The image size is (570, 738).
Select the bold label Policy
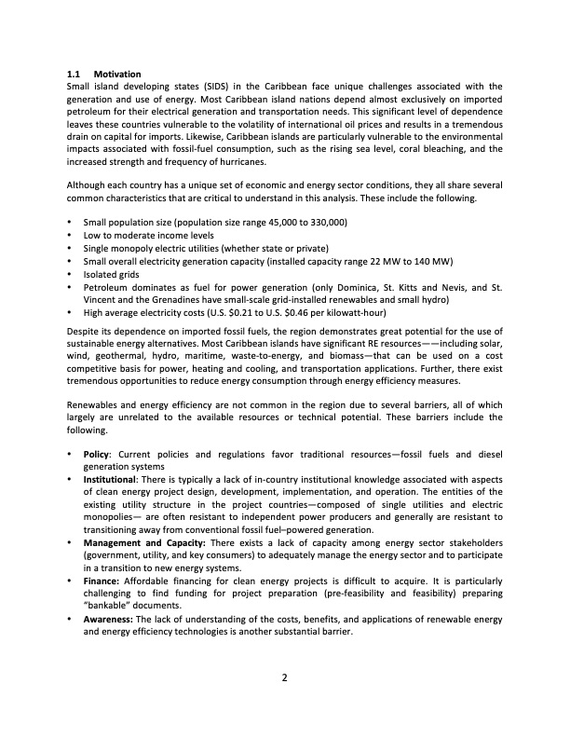coord(97,454)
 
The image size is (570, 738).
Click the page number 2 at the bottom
coord(285,677)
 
